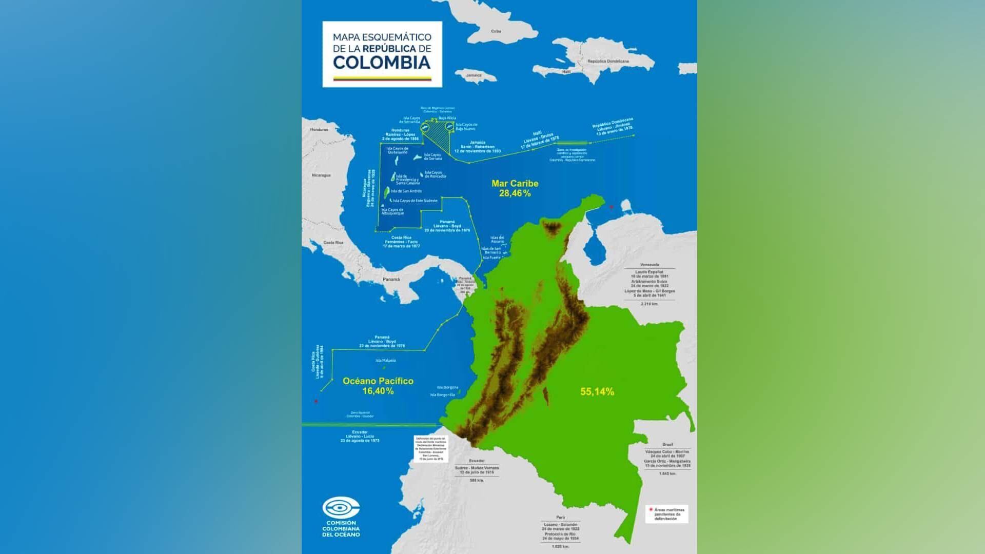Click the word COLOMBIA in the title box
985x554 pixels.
pyautogui.click(x=382, y=63)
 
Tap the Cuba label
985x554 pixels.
pyautogui.click(x=496, y=31)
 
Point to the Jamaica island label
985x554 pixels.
pyautogui.click(x=474, y=75)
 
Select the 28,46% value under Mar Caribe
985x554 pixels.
pyautogui.click(x=515, y=193)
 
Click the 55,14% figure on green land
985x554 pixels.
pyautogui.click(x=597, y=392)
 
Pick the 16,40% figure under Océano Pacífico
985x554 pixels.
pyautogui.click(x=378, y=391)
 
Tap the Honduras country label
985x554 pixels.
pyautogui.click(x=319, y=130)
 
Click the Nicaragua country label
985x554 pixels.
pyautogui.click(x=322, y=175)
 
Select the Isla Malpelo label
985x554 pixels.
pyautogui.click(x=386, y=361)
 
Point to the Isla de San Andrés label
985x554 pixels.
pyautogui.click(x=406, y=191)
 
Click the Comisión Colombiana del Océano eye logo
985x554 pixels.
pyautogui.click(x=341, y=508)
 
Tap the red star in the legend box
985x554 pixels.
pyautogui.click(x=651, y=510)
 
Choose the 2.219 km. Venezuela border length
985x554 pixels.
pyautogui.click(x=649, y=304)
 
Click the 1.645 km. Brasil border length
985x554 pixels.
pyautogui.click(x=667, y=473)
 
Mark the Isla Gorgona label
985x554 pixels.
pyautogui.click(x=447, y=387)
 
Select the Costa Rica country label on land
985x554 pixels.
pyautogui.click(x=333, y=243)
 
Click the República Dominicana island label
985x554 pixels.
pyautogui.click(x=608, y=61)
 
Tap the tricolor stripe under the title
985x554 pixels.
pyautogui.click(x=382, y=79)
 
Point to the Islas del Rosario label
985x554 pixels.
pyautogui.click(x=497, y=240)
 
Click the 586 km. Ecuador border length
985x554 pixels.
pyautogui.click(x=477, y=480)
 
